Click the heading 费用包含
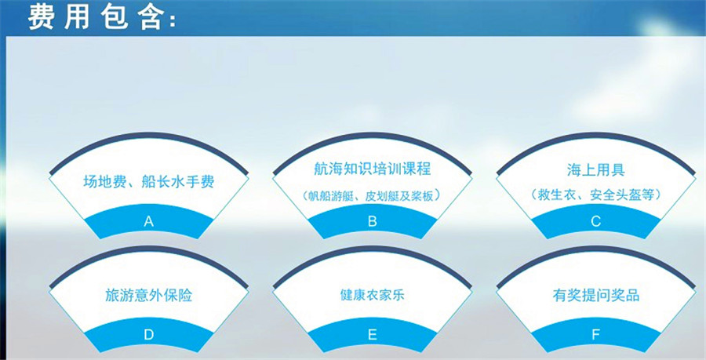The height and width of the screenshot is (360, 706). point(102,17)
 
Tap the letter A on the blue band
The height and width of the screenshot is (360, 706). point(148,221)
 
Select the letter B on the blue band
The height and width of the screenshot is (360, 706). point(373,221)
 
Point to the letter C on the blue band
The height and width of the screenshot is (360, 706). point(595,221)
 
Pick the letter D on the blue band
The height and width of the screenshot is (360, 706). point(148,335)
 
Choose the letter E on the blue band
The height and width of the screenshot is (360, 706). point(373,335)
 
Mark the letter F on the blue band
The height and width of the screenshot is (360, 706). point(595,335)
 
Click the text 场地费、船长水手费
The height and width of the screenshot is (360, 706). point(148,182)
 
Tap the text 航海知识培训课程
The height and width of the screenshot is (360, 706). point(373,169)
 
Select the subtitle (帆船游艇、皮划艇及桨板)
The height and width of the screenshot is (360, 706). point(373,196)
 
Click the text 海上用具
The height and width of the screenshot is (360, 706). point(595,169)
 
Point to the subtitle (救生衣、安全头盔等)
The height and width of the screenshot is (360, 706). point(595,195)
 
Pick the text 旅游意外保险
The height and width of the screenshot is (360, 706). point(148,295)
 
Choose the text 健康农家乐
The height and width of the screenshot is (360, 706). point(373,295)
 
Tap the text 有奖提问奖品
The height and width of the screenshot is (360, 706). point(595,295)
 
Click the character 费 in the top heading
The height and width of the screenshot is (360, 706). point(41,17)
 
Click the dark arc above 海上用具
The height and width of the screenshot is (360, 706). point(595,134)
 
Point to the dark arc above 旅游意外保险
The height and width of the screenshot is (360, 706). point(148,248)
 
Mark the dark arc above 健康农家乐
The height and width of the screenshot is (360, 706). point(373,248)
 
